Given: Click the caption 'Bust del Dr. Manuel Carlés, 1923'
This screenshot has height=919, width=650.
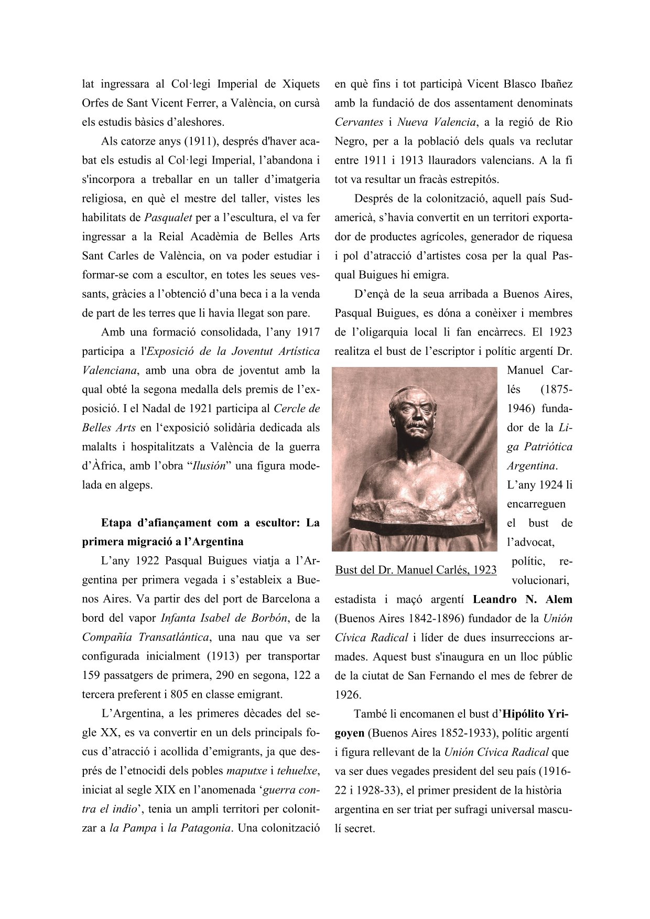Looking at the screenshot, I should coord(416,570).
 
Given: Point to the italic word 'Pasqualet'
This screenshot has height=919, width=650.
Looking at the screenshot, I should coord(168,218).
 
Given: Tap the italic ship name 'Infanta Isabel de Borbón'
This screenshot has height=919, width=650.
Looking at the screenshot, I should coord(224,619).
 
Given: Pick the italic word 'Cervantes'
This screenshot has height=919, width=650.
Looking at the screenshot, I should coord(359,123).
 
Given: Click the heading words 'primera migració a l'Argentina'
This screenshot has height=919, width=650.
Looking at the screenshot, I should coord(162,542).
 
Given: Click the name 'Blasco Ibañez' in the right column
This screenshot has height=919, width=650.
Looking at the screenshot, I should coord(538,84).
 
